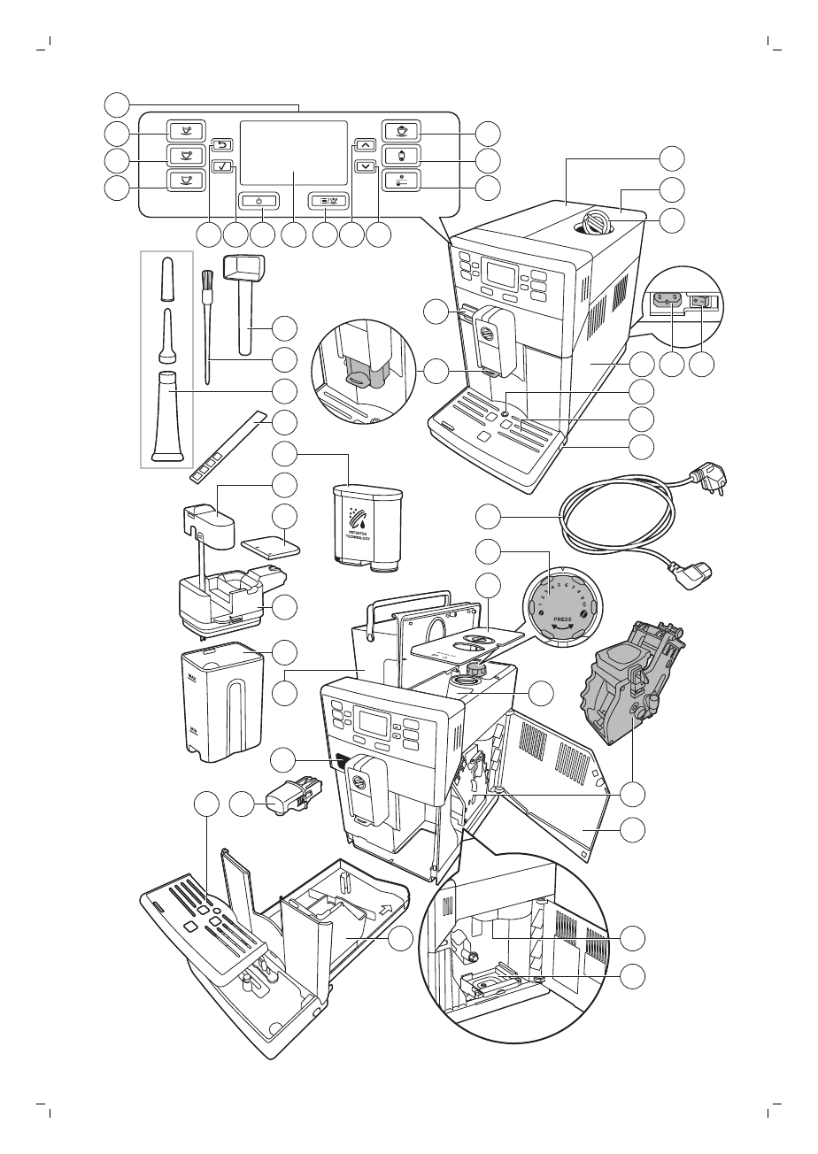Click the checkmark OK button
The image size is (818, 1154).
coord(224,165)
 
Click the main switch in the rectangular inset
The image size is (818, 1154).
coord(702,302)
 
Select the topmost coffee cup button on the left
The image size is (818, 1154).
coord(186,130)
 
